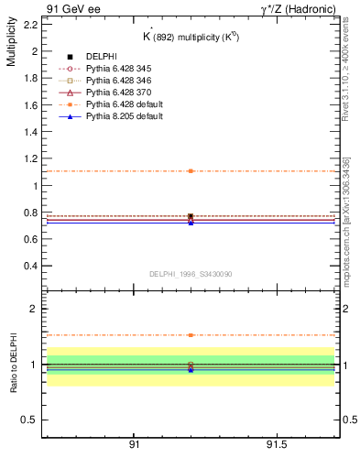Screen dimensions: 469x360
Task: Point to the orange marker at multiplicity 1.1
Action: tap(191, 171)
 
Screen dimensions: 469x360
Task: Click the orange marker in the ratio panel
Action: tap(191, 335)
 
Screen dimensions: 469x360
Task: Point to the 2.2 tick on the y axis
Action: tap(30, 25)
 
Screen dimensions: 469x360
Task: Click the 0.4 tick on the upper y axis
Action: tap(30, 266)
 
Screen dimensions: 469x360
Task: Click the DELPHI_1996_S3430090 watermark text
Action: tap(190, 273)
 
